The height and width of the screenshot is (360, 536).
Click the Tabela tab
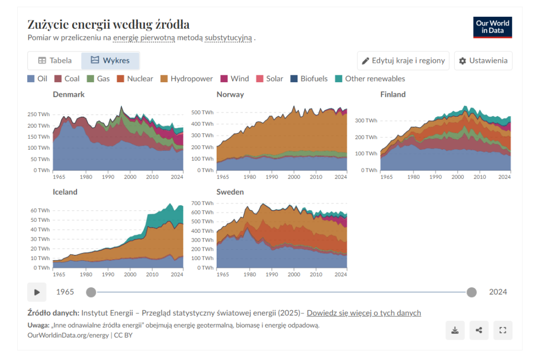[x=55, y=61]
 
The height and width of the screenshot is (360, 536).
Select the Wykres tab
[x=110, y=61]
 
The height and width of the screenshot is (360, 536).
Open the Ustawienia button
[x=483, y=61]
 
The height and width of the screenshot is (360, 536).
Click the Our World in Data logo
[x=492, y=27]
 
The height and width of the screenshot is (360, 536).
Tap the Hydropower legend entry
[x=186, y=79]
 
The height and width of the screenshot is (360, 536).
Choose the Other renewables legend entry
[x=370, y=79]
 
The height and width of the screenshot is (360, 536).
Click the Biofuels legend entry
[x=309, y=79]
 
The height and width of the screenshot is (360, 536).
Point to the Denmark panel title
[x=69, y=95]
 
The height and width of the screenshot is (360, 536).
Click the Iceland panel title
[x=65, y=192]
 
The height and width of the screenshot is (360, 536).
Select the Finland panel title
[x=393, y=95]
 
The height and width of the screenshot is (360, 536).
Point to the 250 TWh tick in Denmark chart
[x=39, y=114]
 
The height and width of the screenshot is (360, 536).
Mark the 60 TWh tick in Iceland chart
[x=40, y=210]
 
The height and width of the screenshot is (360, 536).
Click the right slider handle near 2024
[x=472, y=292]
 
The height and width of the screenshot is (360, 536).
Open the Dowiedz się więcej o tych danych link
[x=363, y=313]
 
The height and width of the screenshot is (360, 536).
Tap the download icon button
[x=455, y=330]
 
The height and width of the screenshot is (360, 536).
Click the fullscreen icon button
[x=503, y=330]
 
